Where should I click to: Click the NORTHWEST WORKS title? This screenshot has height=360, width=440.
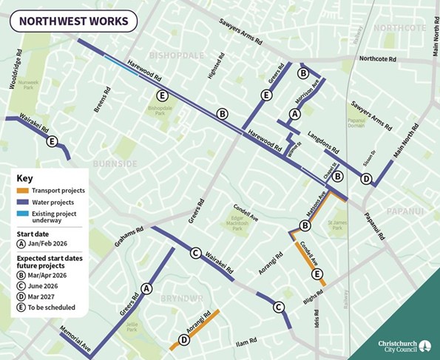73,21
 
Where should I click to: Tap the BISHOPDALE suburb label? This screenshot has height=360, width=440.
176,55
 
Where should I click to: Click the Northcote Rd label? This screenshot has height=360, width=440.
381,59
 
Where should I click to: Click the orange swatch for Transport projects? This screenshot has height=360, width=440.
21,190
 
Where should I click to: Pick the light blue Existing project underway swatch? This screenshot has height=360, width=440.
21,214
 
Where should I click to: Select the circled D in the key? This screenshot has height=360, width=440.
21,294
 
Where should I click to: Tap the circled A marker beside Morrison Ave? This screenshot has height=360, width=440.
295,114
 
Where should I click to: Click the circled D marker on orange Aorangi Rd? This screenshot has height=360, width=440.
183,340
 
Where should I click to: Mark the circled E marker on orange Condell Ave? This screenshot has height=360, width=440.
317,275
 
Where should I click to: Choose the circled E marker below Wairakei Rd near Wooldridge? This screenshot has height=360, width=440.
51,142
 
